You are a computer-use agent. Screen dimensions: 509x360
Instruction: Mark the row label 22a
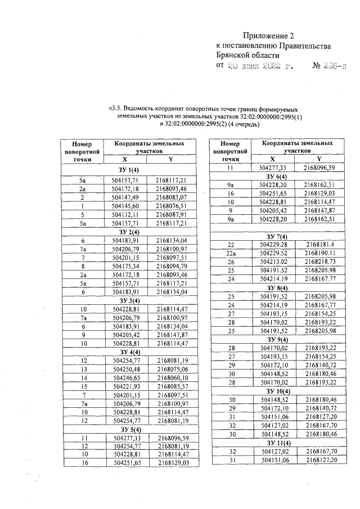pos(231,253)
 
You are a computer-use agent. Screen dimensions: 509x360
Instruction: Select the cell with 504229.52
pos(274,253)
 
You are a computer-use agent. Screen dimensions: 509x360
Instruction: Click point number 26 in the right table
pos(231,262)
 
